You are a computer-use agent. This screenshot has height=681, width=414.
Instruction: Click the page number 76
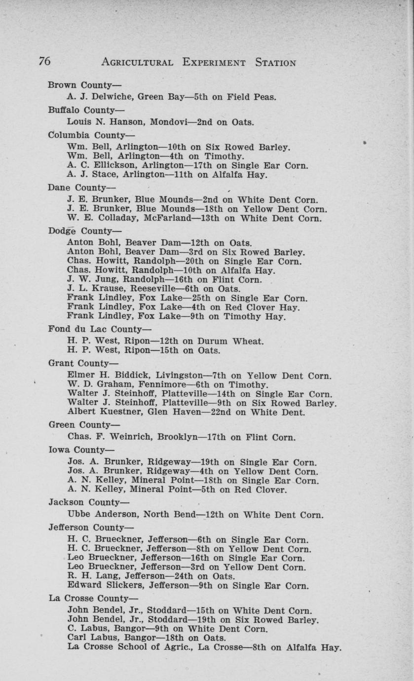44,61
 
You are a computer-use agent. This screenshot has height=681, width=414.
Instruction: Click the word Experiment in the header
214,62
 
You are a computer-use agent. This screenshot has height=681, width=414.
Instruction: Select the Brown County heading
84,85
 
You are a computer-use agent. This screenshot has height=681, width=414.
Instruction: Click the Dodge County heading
84,230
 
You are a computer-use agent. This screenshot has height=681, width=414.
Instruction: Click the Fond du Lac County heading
100,329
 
